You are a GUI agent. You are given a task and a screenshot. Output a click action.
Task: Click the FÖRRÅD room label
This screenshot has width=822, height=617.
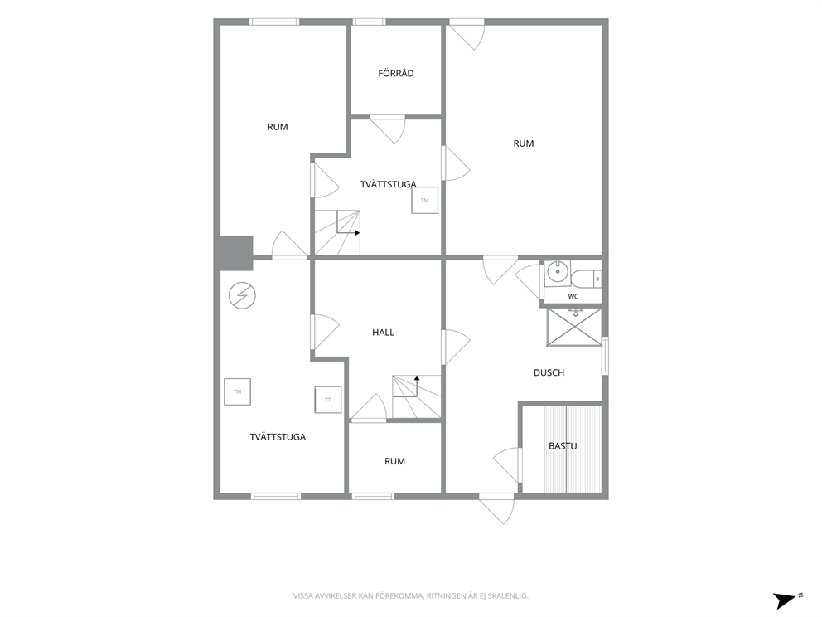[396, 74]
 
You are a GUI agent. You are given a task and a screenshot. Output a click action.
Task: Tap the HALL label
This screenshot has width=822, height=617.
[383, 332]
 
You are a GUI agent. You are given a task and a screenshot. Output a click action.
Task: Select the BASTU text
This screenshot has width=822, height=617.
[563, 446]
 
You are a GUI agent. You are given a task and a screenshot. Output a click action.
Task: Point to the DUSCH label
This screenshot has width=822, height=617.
[549, 372]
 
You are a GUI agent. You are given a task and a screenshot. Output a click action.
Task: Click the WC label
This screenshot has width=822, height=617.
[573, 296]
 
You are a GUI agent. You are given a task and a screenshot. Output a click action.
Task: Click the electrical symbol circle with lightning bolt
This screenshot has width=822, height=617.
[242, 296]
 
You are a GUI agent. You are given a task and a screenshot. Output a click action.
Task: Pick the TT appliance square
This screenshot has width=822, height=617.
[327, 400]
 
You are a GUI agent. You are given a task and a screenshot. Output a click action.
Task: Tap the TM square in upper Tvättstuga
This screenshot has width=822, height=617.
[424, 200]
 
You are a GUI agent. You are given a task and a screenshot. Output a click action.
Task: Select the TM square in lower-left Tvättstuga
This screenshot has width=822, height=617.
[238, 391]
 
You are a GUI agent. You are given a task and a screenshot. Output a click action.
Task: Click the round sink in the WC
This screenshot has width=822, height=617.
[556, 271]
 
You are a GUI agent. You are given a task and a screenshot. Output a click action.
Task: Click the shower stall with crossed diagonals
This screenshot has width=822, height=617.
[574, 327]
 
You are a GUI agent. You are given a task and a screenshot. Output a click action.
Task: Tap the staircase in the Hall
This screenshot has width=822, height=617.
[416, 397]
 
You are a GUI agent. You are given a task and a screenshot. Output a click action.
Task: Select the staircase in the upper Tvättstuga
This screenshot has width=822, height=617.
[337, 232]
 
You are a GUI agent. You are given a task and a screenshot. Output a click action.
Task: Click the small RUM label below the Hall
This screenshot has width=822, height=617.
[394, 461]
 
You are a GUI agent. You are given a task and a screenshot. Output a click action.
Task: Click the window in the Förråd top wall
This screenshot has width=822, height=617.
[369, 22]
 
